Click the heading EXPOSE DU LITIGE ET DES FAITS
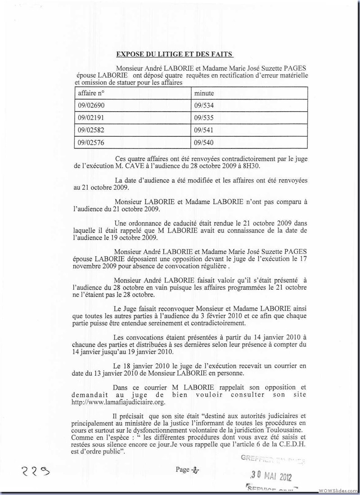pos(175,54)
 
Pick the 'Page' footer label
pos(183,470)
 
